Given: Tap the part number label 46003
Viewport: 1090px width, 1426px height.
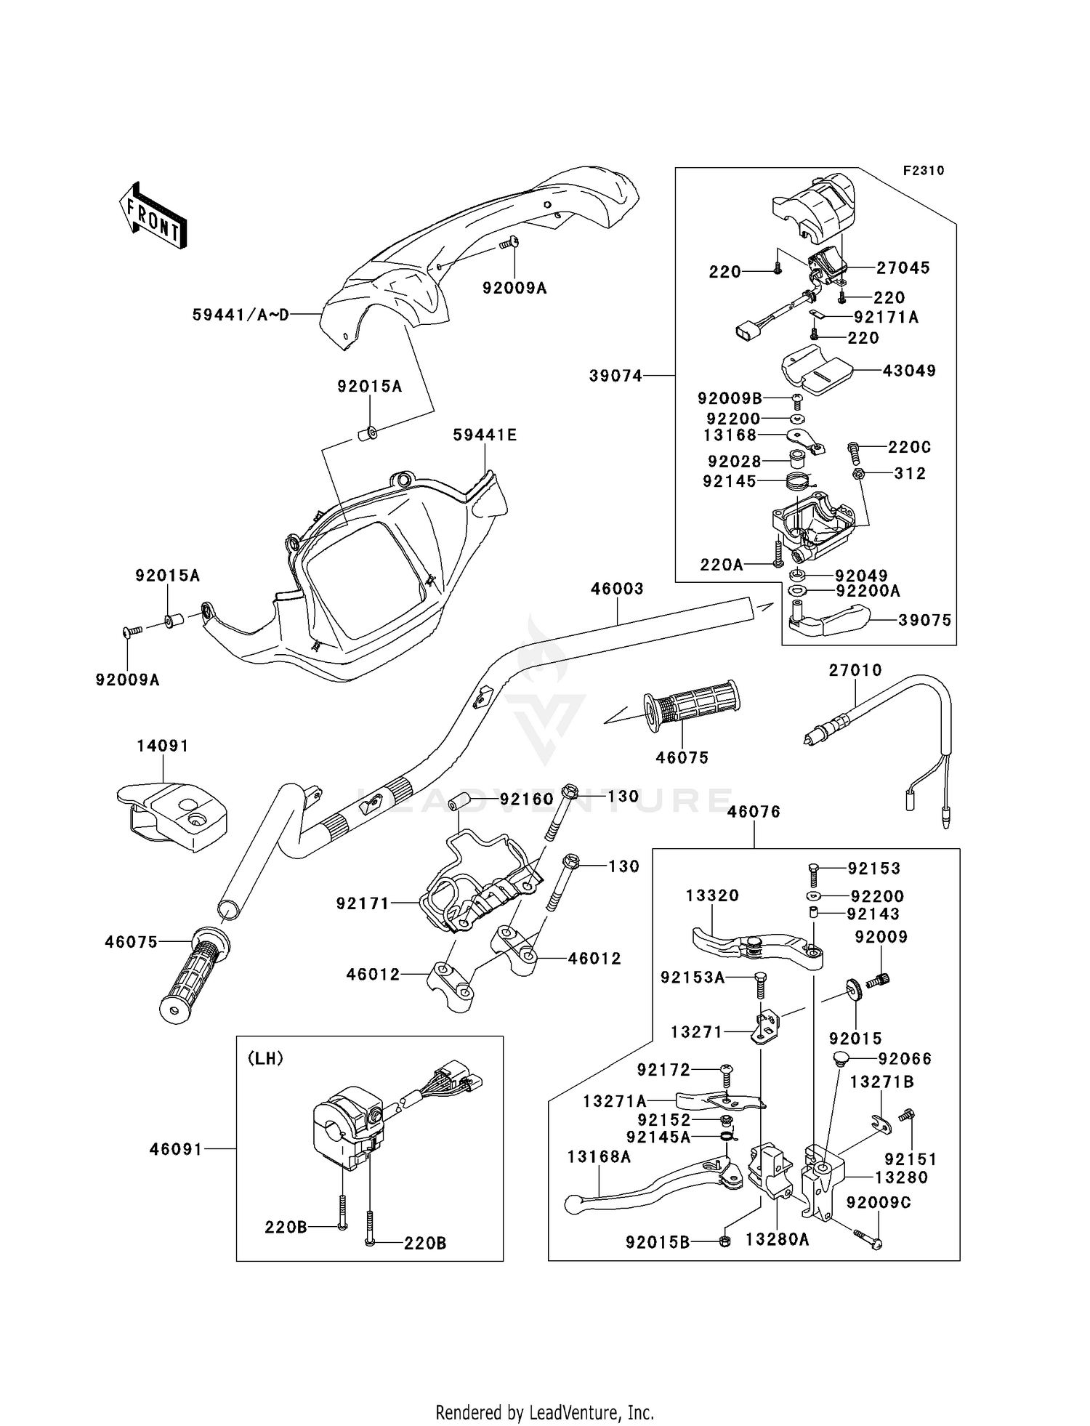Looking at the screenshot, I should point(617,589).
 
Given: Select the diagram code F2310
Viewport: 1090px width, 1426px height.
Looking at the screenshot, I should point(924,171).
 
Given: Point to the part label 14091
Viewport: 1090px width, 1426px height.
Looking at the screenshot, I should point(163,746).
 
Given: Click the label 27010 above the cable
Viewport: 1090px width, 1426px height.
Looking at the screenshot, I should point(855,670).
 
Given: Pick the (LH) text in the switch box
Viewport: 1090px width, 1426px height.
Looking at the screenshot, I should point(265,1058).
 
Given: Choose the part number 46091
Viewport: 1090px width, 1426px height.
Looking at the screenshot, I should point(176,1149).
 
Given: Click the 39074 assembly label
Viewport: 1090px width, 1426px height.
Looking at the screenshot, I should point(615,376).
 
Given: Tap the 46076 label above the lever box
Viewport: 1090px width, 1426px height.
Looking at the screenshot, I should point(754,811).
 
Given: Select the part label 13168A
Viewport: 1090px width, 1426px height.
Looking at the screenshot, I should point(599,1156).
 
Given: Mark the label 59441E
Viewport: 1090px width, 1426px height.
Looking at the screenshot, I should point(485,435).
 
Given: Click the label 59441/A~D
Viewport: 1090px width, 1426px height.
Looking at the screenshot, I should point(241,315).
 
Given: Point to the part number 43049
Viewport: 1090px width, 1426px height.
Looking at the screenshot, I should point(909,371).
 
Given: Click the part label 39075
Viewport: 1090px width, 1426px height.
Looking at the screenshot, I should point(924,621).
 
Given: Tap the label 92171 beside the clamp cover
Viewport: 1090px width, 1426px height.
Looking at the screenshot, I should point(363,903).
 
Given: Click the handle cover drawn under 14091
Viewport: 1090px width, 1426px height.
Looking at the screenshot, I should point(173,814).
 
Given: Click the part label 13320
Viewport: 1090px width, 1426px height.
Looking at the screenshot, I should point(712,895).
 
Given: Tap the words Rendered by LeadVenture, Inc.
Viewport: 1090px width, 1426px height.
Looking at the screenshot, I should point(544,1413).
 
